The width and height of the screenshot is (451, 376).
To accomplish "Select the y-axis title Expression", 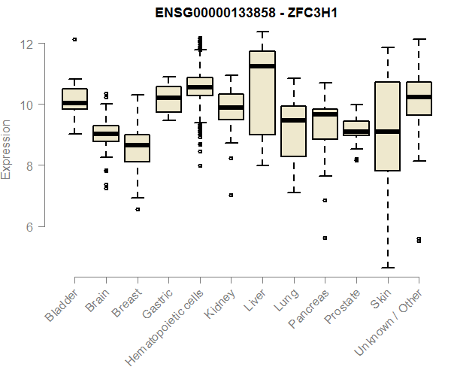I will pos(7,149).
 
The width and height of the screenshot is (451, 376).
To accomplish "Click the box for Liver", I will pos(262,92).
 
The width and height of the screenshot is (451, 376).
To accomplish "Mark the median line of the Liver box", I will pos(262,66).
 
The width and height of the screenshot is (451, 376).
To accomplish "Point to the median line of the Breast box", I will pos(137,144).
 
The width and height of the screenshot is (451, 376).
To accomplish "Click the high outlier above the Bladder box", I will pos(74,39).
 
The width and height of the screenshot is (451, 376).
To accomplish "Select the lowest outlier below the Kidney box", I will pos(231,195).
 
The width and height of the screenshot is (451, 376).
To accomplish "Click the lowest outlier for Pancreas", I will pos(325,238).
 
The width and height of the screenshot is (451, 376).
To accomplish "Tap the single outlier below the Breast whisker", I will pos(137,209).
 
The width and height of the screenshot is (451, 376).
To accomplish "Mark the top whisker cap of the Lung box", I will pos(293,78).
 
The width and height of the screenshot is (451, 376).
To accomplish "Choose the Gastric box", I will pos(168,99).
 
